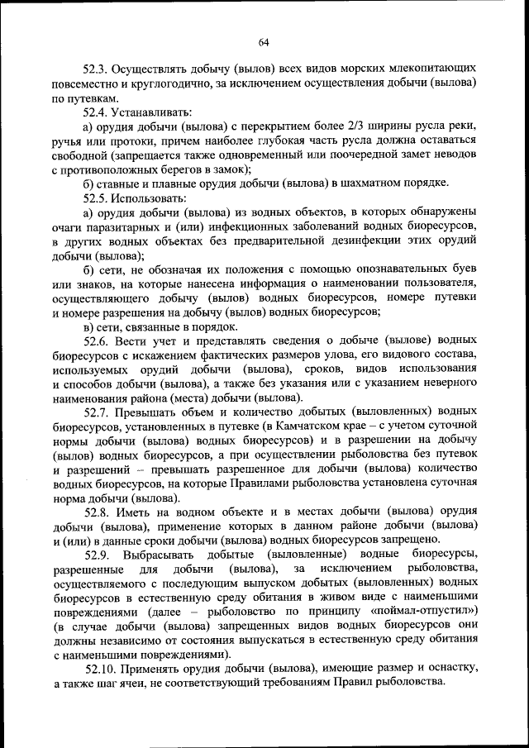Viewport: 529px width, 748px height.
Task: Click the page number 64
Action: [264, 43]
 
